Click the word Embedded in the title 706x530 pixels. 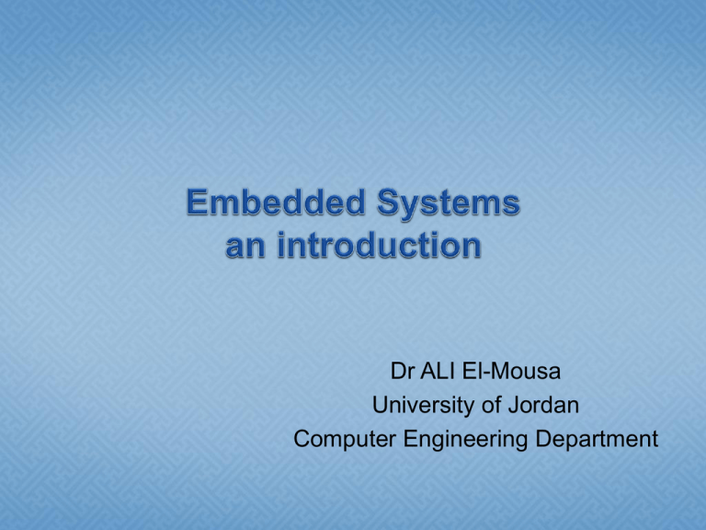(x=276, y=202)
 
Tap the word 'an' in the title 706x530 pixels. (x=245, y=247)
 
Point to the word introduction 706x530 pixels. (x=379, y=244)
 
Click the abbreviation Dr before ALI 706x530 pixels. (x=402, y=372)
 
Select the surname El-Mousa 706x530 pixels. (x=511, y=372)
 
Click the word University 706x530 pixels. (x=424, y=406)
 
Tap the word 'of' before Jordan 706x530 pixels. (x=491, y=405)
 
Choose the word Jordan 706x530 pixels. (x=543, y=405)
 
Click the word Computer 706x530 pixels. (x=345, y=439)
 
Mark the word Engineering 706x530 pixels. (x=465, y=439)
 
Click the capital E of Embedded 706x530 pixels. (x=197, y=202)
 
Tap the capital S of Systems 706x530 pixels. (x=388, y=202)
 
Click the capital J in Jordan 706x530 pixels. (x=513, y=405)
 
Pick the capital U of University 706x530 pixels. (x=381, y=405)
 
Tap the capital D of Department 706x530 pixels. (x=543, y=437)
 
